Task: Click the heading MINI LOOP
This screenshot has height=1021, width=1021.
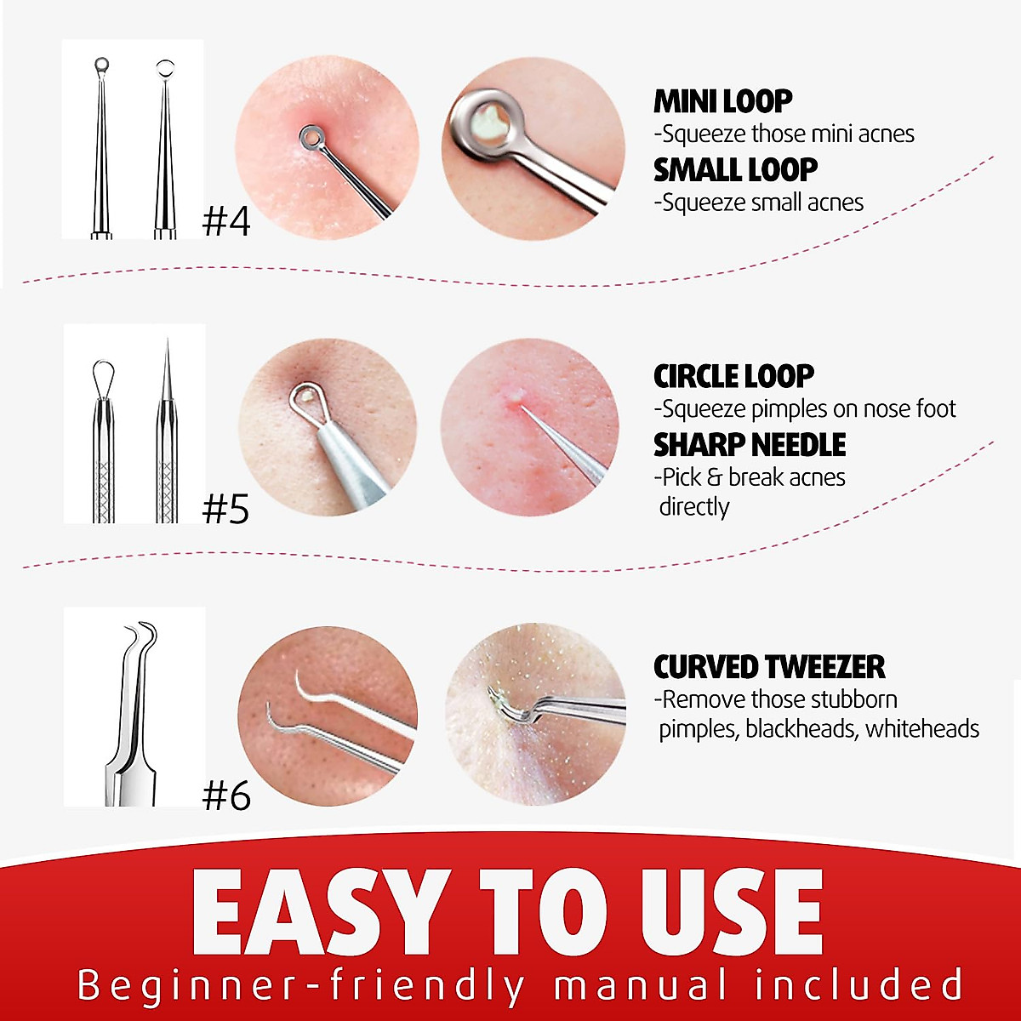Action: [722, 101]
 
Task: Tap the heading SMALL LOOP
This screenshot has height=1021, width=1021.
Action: [735, 170]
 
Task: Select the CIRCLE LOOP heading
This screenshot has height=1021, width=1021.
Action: [733, 376]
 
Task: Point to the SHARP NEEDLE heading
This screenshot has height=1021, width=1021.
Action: [750, 445]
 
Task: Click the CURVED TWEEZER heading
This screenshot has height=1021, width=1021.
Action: [769, 667]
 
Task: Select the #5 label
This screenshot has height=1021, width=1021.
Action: [225, 509]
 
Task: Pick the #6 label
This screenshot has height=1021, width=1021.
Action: [226, 796]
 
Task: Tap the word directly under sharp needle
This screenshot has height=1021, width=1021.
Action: [694, 507]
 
